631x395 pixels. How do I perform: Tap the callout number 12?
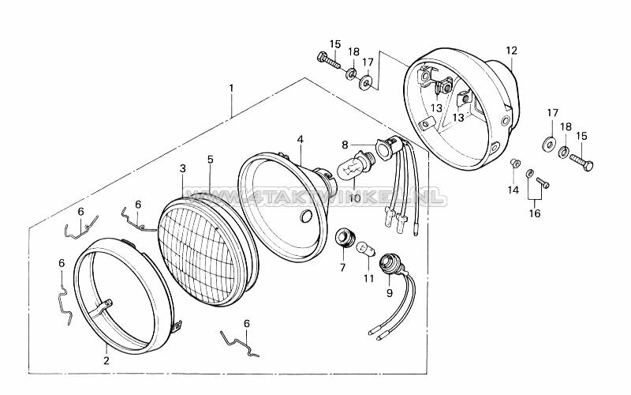[x=511, y=51]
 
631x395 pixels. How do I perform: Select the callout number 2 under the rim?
[x=106, y=360]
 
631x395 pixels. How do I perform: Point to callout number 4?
[x=301, y=140]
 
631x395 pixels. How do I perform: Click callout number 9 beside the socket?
[x=390, y=292]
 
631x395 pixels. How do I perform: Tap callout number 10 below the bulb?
[x=354, y=198]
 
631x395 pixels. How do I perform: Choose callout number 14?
[x=513, y=190]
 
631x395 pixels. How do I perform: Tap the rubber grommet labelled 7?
[x=343, y=236]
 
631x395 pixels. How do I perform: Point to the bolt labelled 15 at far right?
[x=584, y=164]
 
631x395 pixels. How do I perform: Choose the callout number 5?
[x=210, y=159]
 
